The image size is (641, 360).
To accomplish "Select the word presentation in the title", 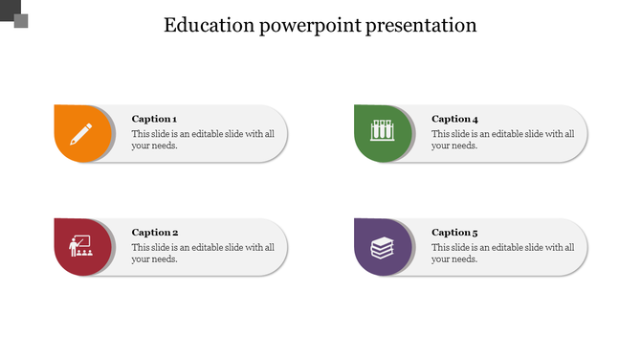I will click(421, 26).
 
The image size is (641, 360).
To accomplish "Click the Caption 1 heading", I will click(154, 119).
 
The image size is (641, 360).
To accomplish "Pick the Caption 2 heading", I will click(155, 233).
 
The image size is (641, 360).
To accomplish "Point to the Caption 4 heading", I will click(454, 119).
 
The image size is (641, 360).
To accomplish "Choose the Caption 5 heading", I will click(454, 233).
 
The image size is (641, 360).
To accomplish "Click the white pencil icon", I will click(81, 133).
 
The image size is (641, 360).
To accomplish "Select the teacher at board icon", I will click(79, 247).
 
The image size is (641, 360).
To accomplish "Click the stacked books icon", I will click(382, 248).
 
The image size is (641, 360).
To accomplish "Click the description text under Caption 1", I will click(203, 140).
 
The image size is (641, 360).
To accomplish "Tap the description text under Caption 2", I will click(203, 253).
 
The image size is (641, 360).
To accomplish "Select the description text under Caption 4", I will click(502, 140).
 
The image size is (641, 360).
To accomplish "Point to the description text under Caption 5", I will click(502, 253).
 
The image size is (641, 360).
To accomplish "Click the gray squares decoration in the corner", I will click(14, 13).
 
